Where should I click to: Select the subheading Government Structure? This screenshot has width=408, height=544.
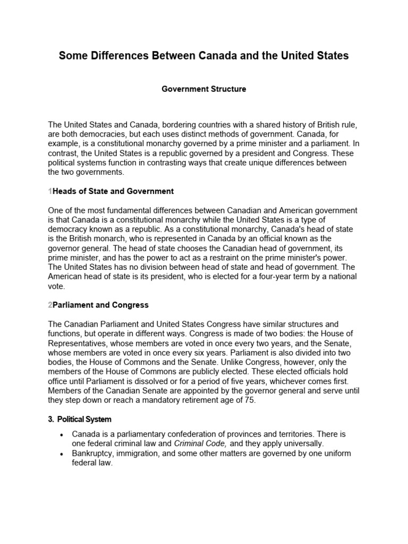coord(203,89)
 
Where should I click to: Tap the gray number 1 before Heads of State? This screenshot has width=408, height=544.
coord(50,191)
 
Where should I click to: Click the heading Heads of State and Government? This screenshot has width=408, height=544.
coord(113,191)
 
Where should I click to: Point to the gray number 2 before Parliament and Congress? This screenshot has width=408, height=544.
coord(50,305)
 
